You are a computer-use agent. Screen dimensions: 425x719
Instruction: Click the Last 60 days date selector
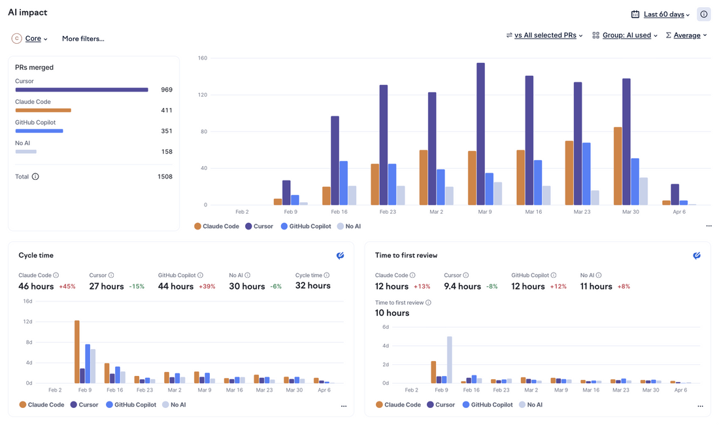click(x=663, y=14)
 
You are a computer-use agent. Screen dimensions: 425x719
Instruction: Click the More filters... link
click(x=83, y=39)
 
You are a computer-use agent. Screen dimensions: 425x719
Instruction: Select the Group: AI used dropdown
click(x=626, y=35)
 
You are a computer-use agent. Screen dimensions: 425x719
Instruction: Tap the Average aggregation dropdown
click(x=686, y=35)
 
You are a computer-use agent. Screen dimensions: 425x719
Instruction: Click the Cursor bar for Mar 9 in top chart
click(x=480, y=134)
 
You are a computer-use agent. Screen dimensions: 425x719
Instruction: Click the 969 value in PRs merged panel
click(x=167, y=90)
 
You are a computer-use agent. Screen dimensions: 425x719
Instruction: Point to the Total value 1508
click(x=165, y=177)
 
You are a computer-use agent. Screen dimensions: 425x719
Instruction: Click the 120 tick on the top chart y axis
click(x=202, y=95)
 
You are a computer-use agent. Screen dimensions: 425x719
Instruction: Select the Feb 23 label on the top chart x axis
click(x=388, y=212)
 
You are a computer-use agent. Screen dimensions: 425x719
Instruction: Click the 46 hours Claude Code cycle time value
click(x=36, y=286)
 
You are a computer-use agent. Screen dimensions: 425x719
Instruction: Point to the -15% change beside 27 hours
click(x=137, y=286)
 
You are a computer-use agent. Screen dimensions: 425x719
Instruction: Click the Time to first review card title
click(x=406, y=255)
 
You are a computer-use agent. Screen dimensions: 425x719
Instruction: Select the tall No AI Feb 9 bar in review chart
click(x=450, y=360)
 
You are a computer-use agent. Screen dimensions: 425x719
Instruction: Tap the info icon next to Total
click(x=35, y=177)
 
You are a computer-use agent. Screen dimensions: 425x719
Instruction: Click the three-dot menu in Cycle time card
click(x=344, y=406)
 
